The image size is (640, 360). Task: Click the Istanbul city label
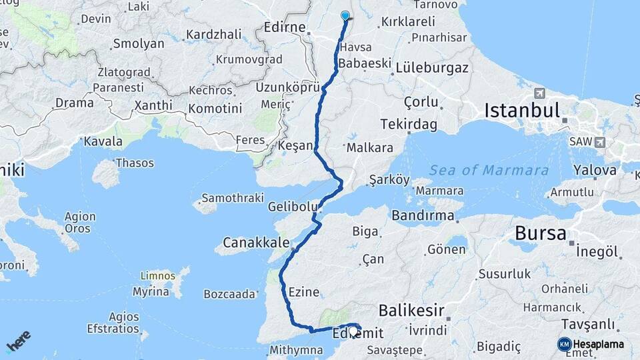[522, 110]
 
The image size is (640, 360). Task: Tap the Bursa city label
[541, 233]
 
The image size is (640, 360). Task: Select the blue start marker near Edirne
[345, 16]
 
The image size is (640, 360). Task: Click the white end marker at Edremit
[353, 329]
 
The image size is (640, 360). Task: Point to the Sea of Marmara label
[489, 170]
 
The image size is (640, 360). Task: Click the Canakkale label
[255, 241]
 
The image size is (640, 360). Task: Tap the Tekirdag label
[409, 124]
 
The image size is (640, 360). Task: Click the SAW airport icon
[601, 142]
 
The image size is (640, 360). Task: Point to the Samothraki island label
[230, 198]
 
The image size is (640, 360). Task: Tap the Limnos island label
[157, 276]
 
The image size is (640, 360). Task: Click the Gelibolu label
[291, 207]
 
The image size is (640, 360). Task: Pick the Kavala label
[103, 141]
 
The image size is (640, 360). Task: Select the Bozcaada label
[229, 293]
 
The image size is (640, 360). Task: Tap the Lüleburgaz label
[432, 67]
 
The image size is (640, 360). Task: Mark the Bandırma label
[423, 215]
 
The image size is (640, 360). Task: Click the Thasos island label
[135, 163]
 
